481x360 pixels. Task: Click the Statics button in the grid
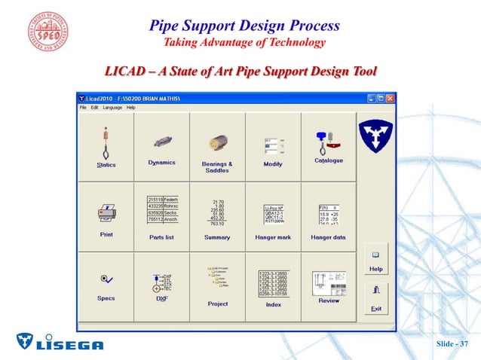coord(106,148)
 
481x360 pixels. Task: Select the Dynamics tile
coord(161,148)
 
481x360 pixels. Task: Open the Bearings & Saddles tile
coord(217,148)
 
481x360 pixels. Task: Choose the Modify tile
coord(273,148)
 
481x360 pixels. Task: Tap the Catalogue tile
coord(328,148)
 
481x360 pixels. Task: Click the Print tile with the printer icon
coord(106,217)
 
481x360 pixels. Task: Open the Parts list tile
coord(161,217)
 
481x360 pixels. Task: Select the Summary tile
coord(217,217)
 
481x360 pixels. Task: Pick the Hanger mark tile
coord(273,217)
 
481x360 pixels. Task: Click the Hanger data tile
coord(328,217)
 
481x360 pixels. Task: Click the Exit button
coord(375,298)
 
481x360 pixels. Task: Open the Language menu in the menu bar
coord(112,108)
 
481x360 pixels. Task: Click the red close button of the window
coord(391,99)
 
